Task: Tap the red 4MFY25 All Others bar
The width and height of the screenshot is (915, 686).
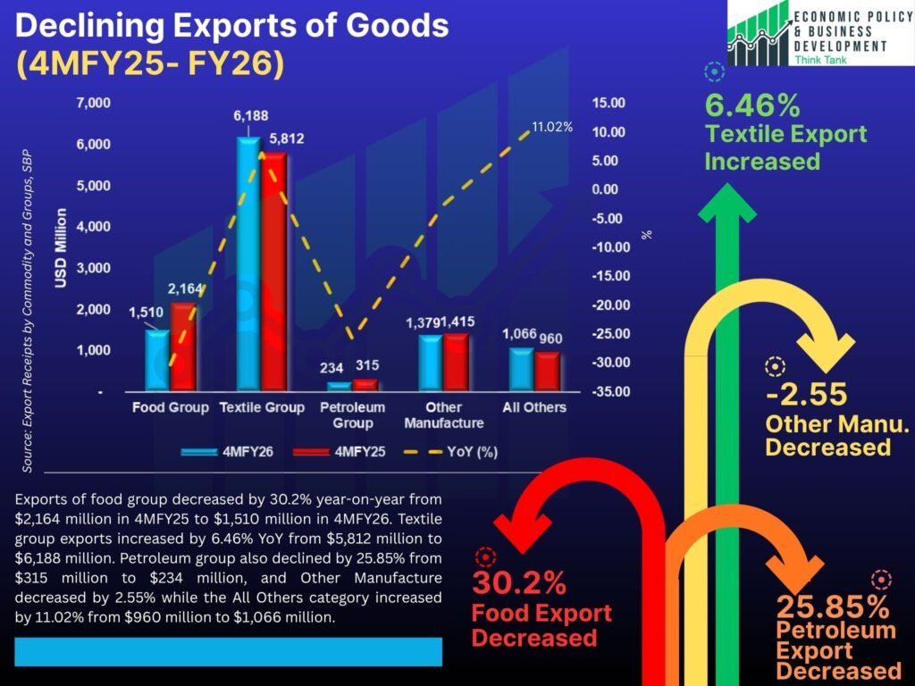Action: [x=547, y=371]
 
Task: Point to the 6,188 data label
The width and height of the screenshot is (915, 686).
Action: [x=250, y=115]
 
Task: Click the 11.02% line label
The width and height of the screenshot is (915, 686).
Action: [x=551, y=127]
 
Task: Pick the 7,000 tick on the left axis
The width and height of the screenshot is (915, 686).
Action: [x=93, y=103]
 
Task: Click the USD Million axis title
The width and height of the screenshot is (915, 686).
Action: [x=62, y=248]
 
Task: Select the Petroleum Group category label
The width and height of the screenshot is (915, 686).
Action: [x=352, y=414]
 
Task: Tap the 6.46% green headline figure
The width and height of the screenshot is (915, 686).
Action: [x=752, y=106]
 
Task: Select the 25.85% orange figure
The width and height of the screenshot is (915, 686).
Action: [x=832, y=607]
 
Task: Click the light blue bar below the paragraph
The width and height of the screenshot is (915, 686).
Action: [x=228, y=651]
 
